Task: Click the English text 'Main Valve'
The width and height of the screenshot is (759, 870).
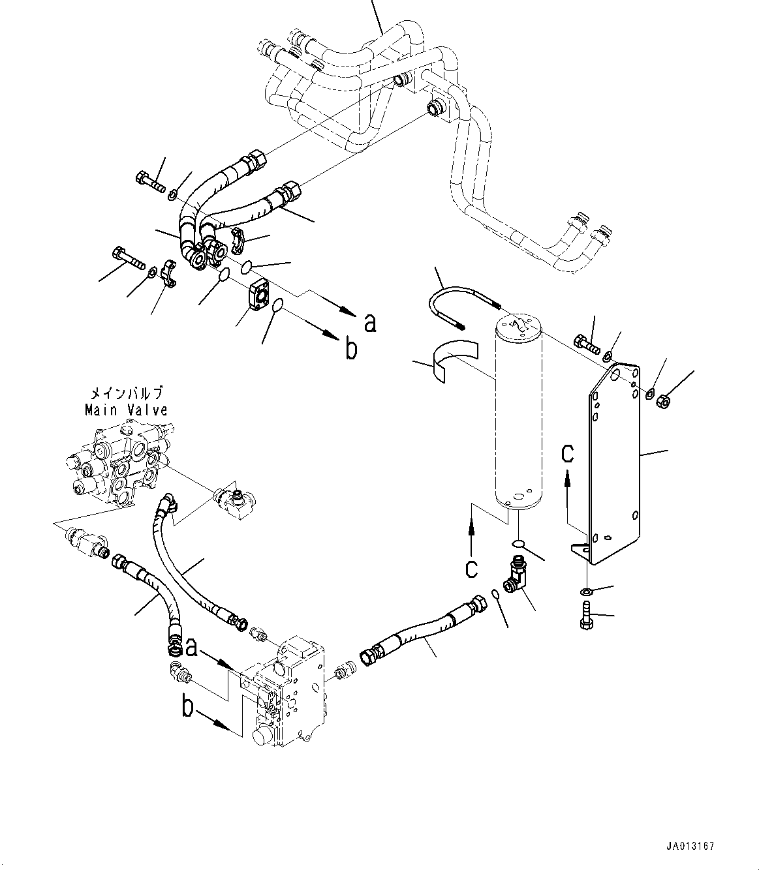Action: (125, 410)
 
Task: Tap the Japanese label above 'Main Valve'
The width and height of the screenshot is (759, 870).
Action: (125, 395)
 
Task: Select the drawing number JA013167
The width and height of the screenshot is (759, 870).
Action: (691, 847)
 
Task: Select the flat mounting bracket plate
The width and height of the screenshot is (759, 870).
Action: (614, 463)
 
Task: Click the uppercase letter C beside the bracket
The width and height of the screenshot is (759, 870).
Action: (568, 453)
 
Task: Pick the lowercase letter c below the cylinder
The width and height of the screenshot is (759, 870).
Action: (471, 569)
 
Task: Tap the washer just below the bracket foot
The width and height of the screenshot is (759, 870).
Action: (586, 592)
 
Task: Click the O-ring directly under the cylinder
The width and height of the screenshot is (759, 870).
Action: (518, 543)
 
